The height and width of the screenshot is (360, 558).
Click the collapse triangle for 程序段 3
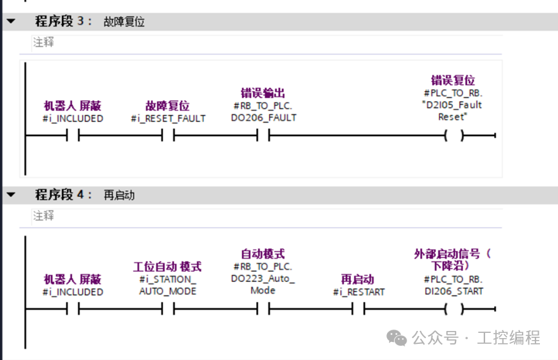[x=11, y=21]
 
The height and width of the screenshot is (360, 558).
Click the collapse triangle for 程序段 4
[x=11, y=195]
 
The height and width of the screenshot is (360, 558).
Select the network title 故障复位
[x=124, y=22]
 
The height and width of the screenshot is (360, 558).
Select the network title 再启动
[x=119, y=195]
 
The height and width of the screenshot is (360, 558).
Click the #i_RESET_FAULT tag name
[x=168, y=118]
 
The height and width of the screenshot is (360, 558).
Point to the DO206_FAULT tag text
[x=263, y=117]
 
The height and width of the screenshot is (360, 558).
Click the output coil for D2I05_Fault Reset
[x=454, y=135]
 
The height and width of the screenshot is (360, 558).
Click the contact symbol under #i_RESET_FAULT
[x=168, y=135]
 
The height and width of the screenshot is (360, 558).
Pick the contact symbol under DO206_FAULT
[x=263, y=135]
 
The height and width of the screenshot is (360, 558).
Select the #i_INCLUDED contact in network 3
[x=73, y=135]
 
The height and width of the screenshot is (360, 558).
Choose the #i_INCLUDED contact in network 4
[x=73, y=309]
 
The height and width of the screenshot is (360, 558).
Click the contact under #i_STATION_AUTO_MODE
[x=168, y=309]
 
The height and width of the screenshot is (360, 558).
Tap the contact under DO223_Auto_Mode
[x=263, y=309]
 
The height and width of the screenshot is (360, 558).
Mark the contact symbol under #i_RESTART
[x=359, y=309]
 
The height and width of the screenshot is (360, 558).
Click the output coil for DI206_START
[x=454, y=309]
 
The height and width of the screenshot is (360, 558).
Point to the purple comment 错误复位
[x=453, y=80]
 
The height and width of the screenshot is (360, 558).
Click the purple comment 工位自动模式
[x=167, y=266]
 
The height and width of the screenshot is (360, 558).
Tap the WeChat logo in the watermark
[x=397, y=337]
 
